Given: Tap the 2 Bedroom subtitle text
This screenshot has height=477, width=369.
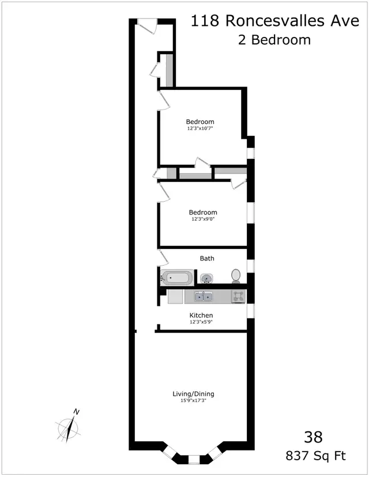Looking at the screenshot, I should (x=274, y=40).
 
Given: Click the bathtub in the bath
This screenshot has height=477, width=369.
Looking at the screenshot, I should (x=176, y=279).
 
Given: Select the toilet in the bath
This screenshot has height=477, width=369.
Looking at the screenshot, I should (x=236, y=276).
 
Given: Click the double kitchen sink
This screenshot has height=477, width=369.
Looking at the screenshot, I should (x=203, y=297).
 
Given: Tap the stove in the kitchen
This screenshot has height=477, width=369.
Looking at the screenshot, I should (x=238, y=297).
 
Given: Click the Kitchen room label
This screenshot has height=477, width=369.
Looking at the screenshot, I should (x=201, y=315).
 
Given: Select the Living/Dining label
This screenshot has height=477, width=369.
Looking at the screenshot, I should (x=193, y=394).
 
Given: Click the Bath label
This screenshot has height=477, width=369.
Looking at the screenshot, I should (x=207, y=259).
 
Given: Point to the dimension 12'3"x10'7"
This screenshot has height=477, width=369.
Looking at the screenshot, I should (x=200, y=128).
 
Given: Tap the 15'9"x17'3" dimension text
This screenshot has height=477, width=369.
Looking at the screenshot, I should (x=193, y=401).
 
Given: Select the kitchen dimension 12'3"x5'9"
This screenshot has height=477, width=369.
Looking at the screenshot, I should (x=201, y=322).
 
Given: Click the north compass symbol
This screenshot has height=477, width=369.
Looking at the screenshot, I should (x=70, y=427).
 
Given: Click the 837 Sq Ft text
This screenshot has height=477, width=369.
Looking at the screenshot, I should (x=316, y=456).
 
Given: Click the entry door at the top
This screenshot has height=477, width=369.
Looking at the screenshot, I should (x=147, y=27).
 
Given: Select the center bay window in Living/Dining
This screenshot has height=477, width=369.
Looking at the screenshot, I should (x=194, y=459).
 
